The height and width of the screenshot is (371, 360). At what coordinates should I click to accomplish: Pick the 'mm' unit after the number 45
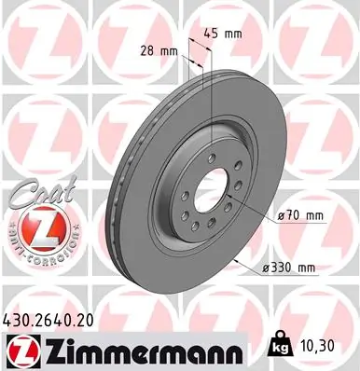[x=233, y=34]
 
